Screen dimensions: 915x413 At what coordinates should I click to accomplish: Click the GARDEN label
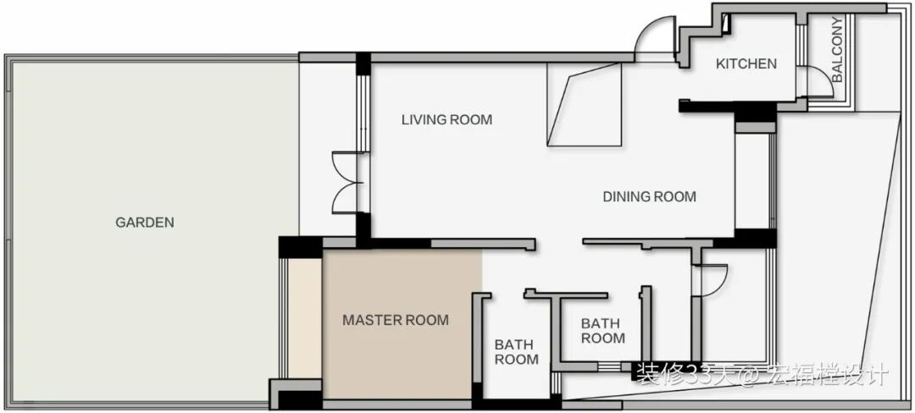145,222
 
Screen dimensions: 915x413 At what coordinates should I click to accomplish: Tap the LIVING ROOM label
447,120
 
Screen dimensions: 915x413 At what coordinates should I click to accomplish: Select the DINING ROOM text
650,197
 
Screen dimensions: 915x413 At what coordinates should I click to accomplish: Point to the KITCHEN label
746,63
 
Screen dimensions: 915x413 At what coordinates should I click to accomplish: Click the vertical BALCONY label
837,50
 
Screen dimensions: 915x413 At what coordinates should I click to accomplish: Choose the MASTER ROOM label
396,320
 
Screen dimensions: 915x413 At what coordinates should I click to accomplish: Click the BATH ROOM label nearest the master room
517,352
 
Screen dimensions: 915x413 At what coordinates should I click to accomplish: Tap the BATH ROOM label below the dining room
603,330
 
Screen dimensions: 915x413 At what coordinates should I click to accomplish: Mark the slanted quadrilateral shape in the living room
585,104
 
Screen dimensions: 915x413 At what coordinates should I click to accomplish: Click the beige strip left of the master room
305,318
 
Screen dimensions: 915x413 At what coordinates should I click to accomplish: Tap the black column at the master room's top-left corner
301,247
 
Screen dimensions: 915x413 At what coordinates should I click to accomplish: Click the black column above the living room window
363,63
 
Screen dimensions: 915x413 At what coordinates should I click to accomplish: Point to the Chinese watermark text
762,374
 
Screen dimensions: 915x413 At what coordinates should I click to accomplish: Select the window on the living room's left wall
363,113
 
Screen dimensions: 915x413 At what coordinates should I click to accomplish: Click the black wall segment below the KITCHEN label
728,107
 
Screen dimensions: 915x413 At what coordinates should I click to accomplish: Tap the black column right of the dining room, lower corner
755,239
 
